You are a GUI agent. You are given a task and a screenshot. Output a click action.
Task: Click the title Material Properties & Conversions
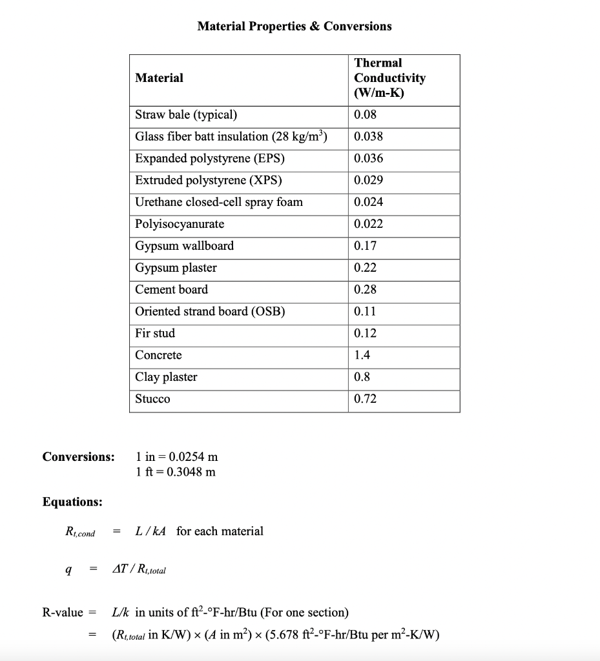(x=294, y=26)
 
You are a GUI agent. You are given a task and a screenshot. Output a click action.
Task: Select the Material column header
(x=159, y=78)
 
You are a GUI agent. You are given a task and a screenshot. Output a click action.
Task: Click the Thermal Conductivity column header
(x=389, y=78)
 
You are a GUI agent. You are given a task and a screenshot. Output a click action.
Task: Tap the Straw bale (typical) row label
(x=186, y=116)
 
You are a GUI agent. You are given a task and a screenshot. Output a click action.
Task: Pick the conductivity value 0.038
(x=368, y=137)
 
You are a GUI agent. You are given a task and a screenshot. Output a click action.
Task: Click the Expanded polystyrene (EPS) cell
(x=209, y=159)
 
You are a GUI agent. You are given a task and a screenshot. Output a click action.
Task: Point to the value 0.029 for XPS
(x=368, y=181)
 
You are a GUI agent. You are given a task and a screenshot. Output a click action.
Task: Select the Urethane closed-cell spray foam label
(x=218, y=202)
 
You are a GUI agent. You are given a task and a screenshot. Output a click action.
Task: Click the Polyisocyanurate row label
(x=180, y=224)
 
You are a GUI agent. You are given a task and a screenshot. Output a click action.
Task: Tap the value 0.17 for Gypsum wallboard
(x=365, y=246)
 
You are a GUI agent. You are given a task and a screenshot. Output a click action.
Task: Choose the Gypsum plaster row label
(x=176, y=268)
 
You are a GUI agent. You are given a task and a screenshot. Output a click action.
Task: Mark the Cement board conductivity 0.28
(x=365, y=290)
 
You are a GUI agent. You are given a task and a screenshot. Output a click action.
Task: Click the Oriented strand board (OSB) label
(x=210, y=312)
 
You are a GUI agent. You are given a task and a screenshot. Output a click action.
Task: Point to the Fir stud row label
(x=155, y=334)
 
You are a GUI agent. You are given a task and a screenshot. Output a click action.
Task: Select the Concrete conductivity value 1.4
(x=362, y=356)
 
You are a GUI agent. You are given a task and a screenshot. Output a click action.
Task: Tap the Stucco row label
(x=152, y=400)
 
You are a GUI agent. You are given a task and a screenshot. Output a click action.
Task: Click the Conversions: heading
(x=78, y=457)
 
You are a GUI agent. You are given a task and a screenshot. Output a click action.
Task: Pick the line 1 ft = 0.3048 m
(x=176, y=472)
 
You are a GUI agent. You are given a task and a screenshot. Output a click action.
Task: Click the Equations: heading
(x=72, y=502)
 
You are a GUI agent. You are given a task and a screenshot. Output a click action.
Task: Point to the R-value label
(x=63, y=613)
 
